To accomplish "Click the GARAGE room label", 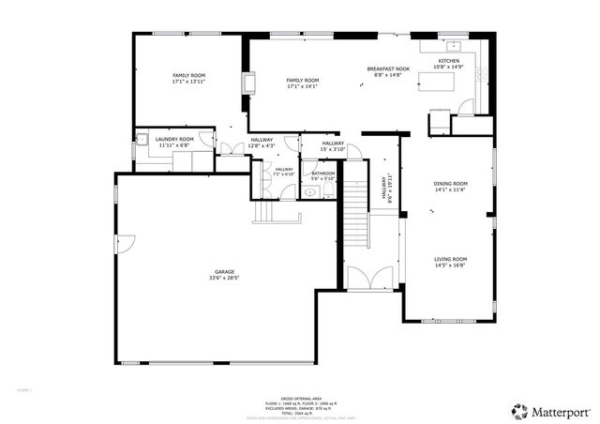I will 224,272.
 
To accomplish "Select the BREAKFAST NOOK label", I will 388,68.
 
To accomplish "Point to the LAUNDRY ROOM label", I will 174,139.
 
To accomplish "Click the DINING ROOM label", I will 450,183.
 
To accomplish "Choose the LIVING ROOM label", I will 450,259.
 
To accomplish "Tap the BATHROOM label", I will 323,173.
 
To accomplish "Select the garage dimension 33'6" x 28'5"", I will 224,279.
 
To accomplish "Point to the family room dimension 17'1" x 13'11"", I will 188,82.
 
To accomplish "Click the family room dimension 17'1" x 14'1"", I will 302,87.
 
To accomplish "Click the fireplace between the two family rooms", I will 248,84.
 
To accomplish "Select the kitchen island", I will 440,84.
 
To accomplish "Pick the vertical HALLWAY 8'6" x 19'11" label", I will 386,189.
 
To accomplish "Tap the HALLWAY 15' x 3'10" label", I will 334,146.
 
